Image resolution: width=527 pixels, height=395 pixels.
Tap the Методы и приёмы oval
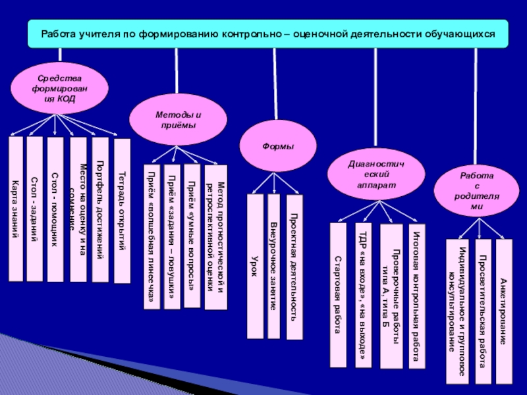(178, 119)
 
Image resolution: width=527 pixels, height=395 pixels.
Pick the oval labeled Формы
(278, 146)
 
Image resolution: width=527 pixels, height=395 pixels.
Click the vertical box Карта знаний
(15, 208)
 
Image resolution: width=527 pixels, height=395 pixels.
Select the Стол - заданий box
(35, 208)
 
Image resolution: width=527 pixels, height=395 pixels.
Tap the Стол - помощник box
(56, 209)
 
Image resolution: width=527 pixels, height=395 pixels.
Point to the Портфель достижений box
(99, 209)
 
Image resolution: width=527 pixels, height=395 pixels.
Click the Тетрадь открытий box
(122, 211)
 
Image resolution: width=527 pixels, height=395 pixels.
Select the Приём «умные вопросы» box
(192, 236)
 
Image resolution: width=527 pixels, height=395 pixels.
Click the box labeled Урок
(254, 266)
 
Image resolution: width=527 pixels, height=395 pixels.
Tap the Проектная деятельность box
(294, 267)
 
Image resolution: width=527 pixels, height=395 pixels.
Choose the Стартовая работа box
(338, 294)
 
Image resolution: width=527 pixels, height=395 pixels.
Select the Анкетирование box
(503, 311)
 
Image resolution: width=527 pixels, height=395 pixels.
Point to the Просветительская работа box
(483, 311)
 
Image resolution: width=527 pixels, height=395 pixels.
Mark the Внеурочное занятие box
(273, 266)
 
